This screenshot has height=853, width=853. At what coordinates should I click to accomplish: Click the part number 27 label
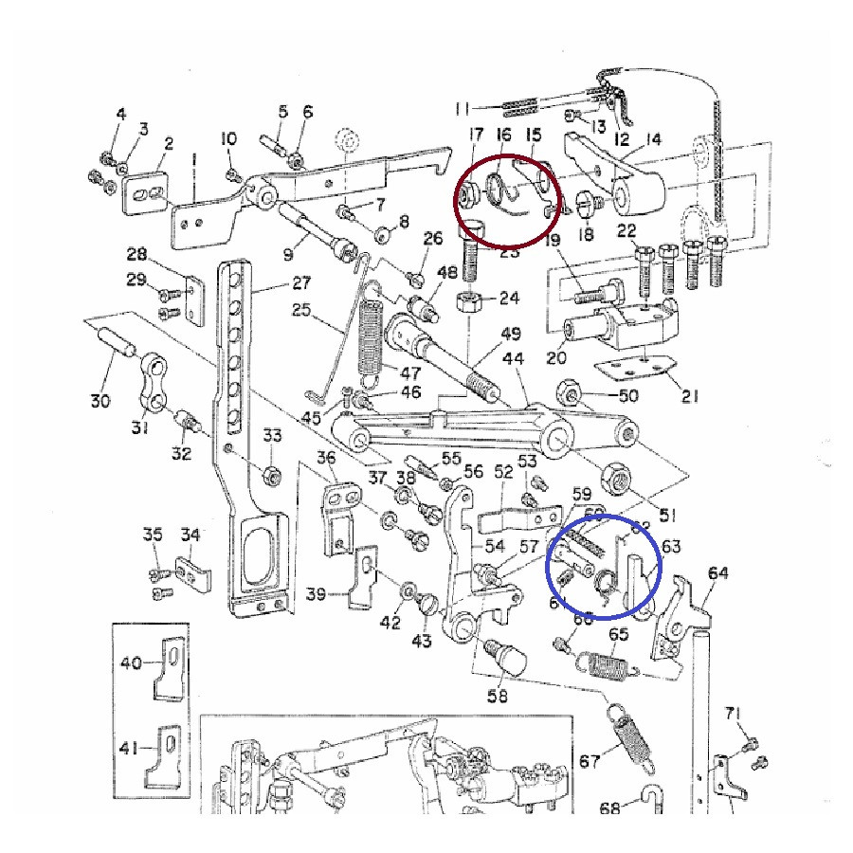pyautogui.click(x=301, y=282)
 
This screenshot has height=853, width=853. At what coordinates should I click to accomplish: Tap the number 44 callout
pyautogui.click(x=514, y=359)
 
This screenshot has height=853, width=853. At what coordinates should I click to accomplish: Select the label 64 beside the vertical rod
pyautogui.click(x=718, y=573)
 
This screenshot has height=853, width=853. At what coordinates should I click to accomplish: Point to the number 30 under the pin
pyautogui.click(x=100, y=401)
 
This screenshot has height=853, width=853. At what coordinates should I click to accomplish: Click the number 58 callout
pyautogui.click(x=497, y=697)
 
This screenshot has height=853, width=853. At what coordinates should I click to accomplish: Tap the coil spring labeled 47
pyautogui.click(x=372, y=336)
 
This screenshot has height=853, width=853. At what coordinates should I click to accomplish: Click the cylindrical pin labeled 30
pyautogui.click(x=115, y=338)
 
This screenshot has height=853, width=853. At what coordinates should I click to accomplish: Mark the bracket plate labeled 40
pyautogui.click(x=172, y=669)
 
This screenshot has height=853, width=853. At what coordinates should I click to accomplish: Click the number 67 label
pyautogui.click(x=590, y=761)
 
